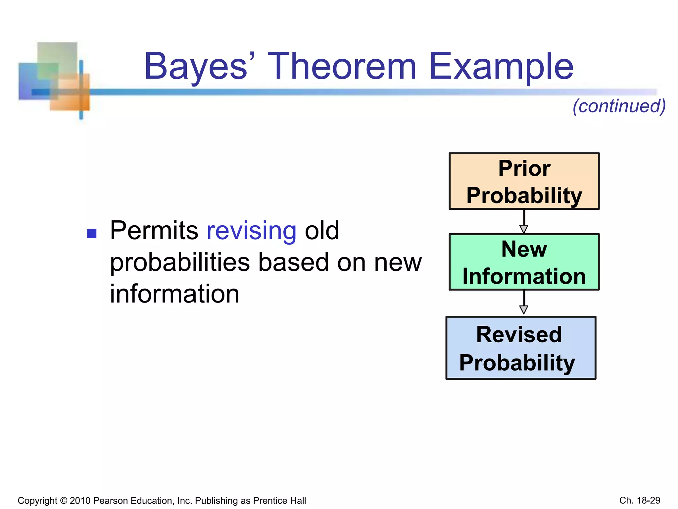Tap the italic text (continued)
point(619,106)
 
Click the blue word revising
point(251,231)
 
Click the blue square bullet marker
point(92,233)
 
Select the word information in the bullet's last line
point(174,294)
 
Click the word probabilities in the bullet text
point(180,262)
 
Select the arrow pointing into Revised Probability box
point(524,303)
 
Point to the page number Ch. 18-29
point(640,500)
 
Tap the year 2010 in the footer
point(80,500)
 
